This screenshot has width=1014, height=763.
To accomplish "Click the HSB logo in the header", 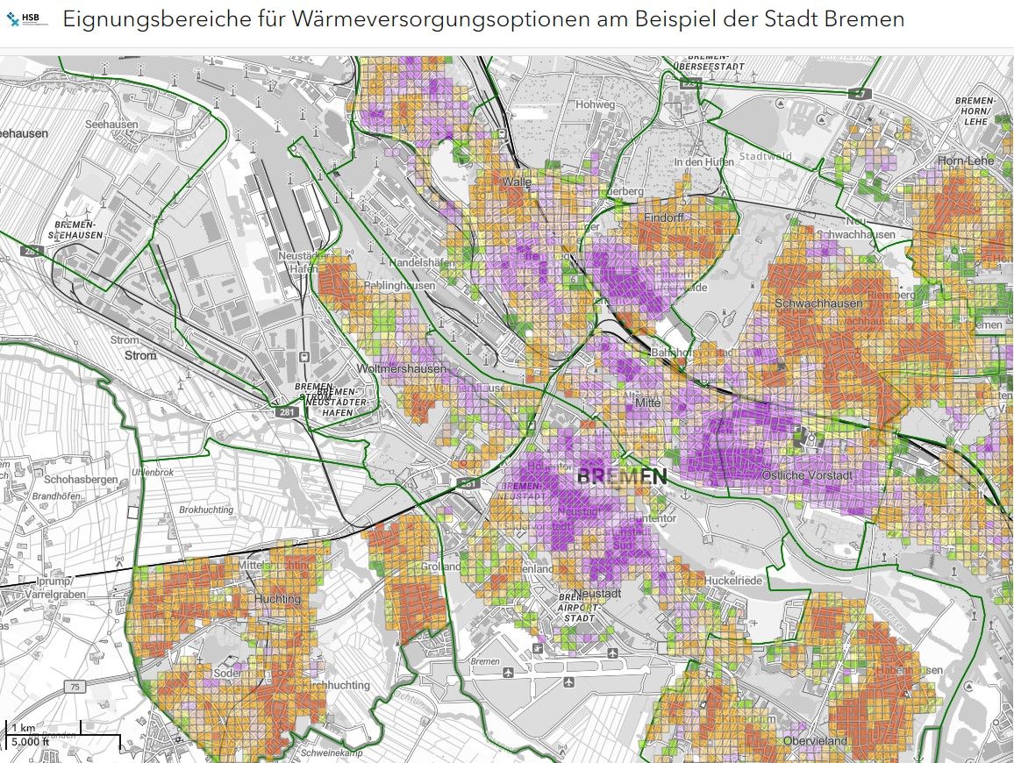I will click(x=27, y=18).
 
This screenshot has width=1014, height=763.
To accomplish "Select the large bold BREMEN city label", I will click(x=622, y=477).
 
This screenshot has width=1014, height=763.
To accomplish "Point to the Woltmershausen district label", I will click(x=403, y=369).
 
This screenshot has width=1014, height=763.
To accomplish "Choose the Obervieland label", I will click(x=817, y=741).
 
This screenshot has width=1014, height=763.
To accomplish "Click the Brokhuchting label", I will click(x=206, y=510).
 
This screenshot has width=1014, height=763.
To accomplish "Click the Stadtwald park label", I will click(x=766, y=157).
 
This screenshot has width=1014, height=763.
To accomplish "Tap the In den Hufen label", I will click(x=703, y=162).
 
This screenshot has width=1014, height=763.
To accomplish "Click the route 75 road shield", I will click(x=75, y=687).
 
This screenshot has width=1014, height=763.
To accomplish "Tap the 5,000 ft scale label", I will click(x=29, y=743).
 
